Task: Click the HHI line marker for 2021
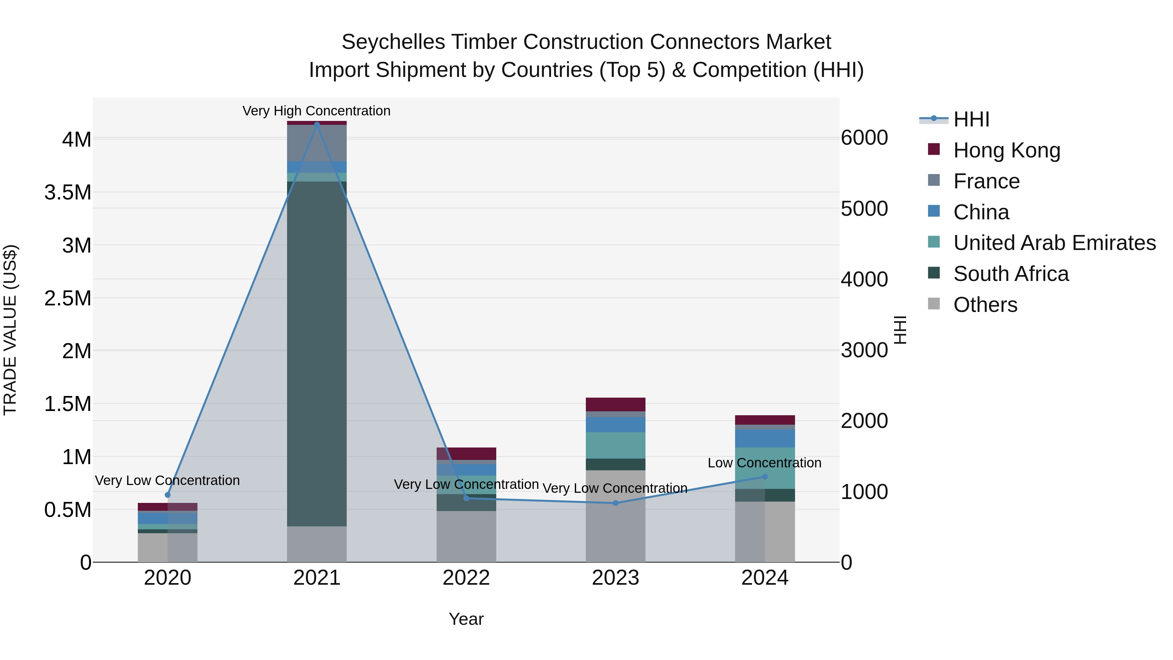pyautogui.click(x=317, y=125)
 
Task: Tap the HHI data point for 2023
pyautogui.click(x=615, y=503)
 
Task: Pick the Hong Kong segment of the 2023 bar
pyautogui.click(x=615, y=404)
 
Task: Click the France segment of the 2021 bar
pyautogui.click(x=317, y=143)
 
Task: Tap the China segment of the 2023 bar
pyautogui.click(x=615, y=424)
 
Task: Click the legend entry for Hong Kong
pyautogui.click(x=1006, y=150)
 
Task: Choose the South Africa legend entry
pyautogui.click(x=1010, y=274)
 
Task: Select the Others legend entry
pyautogui.click(x=985, y=305)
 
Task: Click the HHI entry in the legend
pyautogui.click(x=971, y=119)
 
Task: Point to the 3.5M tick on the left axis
pyautogui.click(x=67, y=192)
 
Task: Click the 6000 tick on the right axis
pyautogui.click(x=864, y=138)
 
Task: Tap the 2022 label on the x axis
pyautogui.click(x=466, y=578)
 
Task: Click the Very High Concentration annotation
pyautogui.click(x=316, y=111)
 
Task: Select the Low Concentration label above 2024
pyautogui.click(x=764, y=463)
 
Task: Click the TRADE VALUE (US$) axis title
pyautogui.click(x=10, y=330)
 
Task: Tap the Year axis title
pyautogui.click(x=466, y=619)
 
